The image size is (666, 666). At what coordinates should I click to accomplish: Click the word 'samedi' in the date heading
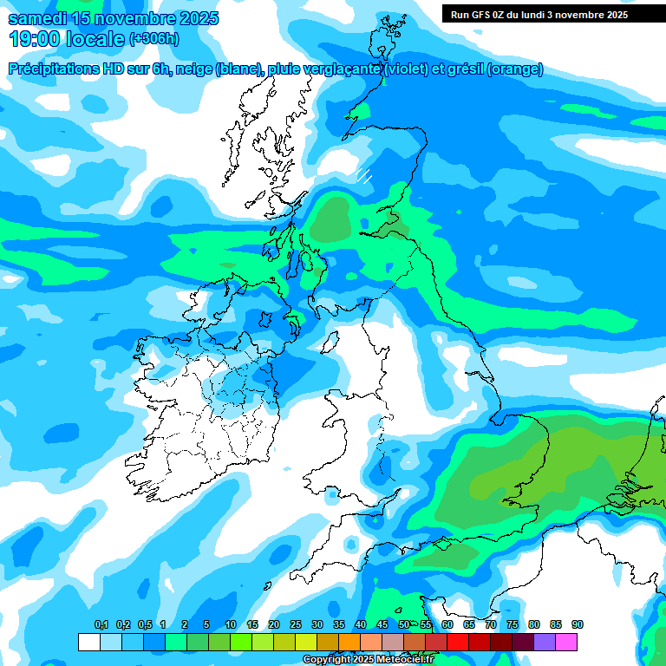coord(36,18)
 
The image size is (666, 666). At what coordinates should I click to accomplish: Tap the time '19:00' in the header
coord(34,38)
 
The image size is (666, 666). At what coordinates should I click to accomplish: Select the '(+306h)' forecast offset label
coord(153,38)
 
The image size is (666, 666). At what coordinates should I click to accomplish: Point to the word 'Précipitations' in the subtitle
coord(55,69)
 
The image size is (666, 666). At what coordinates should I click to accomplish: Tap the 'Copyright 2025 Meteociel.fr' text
coord(369,660)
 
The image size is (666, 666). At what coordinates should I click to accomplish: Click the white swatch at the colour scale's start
coord(88,642)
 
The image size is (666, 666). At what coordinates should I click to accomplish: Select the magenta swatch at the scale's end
coord(566,642)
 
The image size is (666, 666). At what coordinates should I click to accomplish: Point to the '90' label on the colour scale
coord(577,625)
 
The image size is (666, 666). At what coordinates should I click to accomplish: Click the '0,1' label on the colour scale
coord(101,625)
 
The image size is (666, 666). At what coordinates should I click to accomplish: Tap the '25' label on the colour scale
coord(295,625)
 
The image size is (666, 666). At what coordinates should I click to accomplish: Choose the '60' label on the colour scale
coord(447,625)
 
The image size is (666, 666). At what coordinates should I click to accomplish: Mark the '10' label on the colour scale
coord(230,625)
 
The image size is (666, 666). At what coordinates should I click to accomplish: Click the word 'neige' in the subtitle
coord(193,69)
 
